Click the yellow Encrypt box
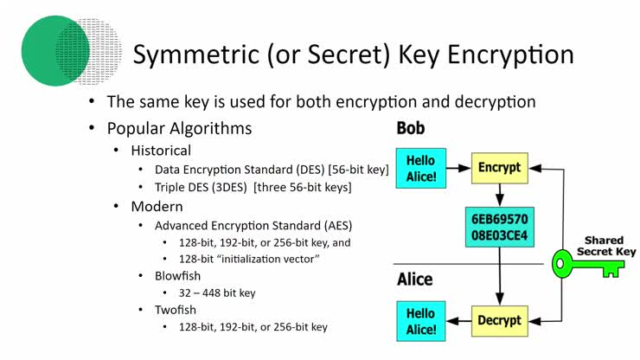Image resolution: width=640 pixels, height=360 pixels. [499, 168]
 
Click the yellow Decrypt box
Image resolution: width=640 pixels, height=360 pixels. [499, 320]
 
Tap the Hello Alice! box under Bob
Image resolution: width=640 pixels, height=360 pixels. [421, 168]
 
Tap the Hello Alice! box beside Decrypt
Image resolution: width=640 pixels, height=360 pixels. [421, 320]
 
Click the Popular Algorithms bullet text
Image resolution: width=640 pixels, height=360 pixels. [179, 128]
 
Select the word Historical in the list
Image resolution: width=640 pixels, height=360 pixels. [161, 151]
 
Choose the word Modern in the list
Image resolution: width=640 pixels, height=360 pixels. [157, 207]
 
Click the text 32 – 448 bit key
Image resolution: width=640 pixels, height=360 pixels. [218, 292]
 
